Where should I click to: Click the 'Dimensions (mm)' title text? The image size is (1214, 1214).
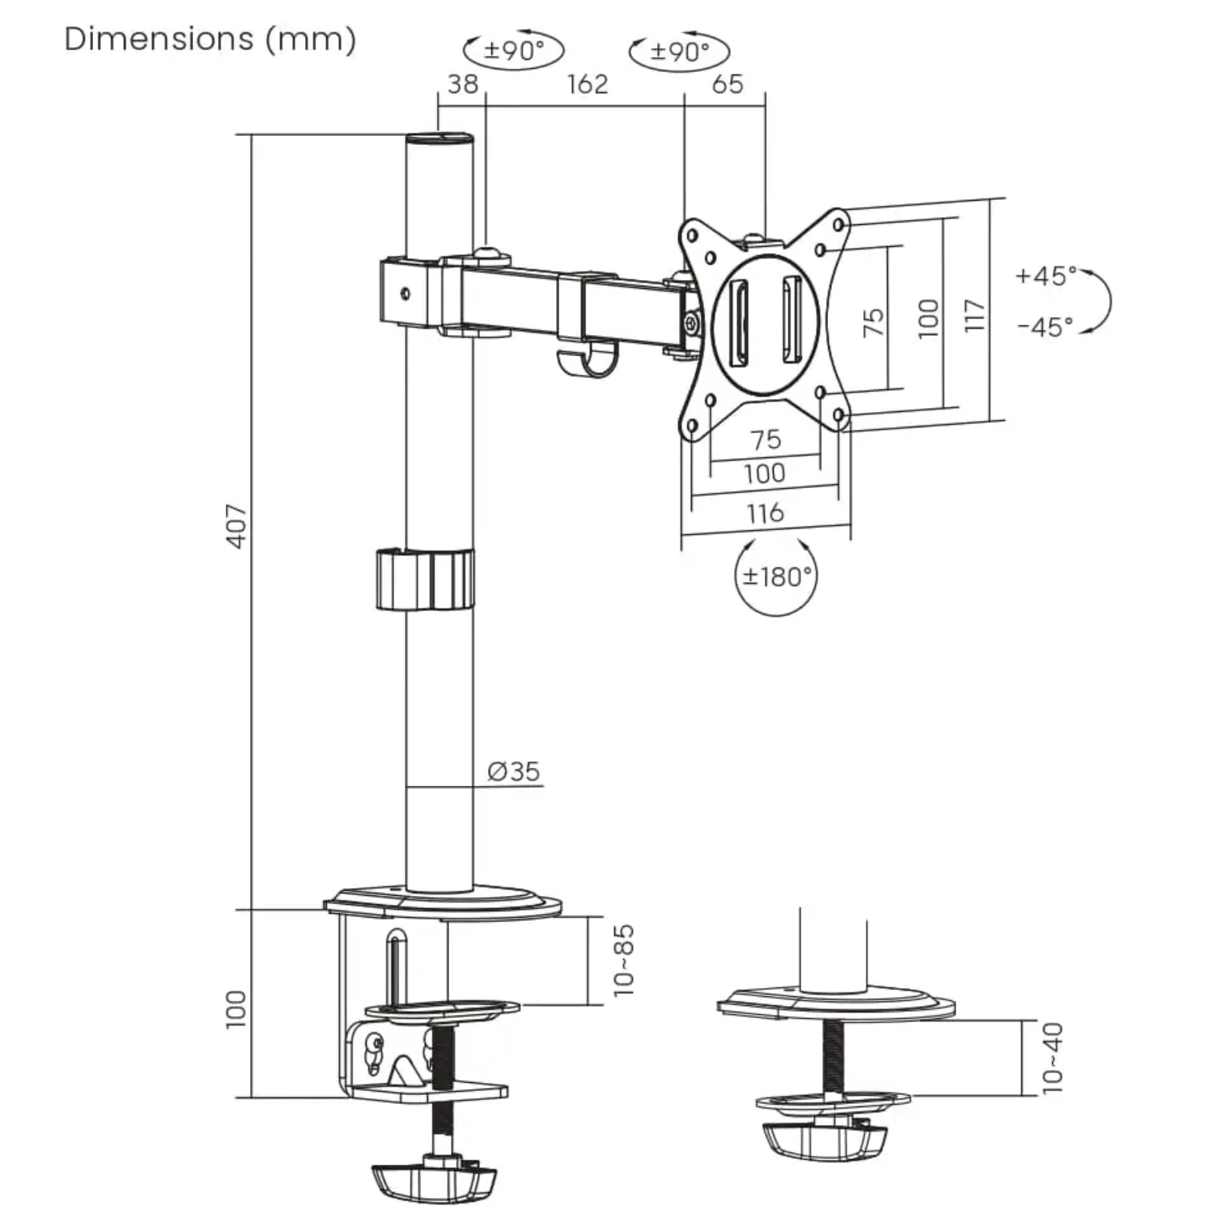tap(210, 39)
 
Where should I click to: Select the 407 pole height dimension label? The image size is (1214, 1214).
tap(236, 526)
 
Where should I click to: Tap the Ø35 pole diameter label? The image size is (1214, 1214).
tap(513, 771)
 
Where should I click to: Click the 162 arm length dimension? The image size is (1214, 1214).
tap(587, 84)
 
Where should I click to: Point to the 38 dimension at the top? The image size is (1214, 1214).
tap(463, 84)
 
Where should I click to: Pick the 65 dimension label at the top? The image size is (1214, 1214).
tap(727, 84)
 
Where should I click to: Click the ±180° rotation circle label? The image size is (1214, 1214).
tap(776, 577)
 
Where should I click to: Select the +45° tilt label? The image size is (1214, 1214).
tap(1046, 276)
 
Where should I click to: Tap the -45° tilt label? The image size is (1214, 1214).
tap(1045, 327)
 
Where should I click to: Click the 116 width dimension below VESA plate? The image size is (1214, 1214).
tap(765, 512)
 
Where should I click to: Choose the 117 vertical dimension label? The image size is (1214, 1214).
tap(975, 315)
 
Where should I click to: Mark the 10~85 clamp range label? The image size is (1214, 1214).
tap(624, 960)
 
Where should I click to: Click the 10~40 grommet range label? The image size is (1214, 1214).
tap(1052, 1058)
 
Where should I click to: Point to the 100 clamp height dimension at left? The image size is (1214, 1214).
tap(236, 1008)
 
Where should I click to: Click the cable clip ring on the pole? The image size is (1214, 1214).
tap(425, 579)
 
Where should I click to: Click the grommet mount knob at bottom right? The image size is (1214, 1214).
tap(824, 1140)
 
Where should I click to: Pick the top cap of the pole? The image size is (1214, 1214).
tap(439, 140)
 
